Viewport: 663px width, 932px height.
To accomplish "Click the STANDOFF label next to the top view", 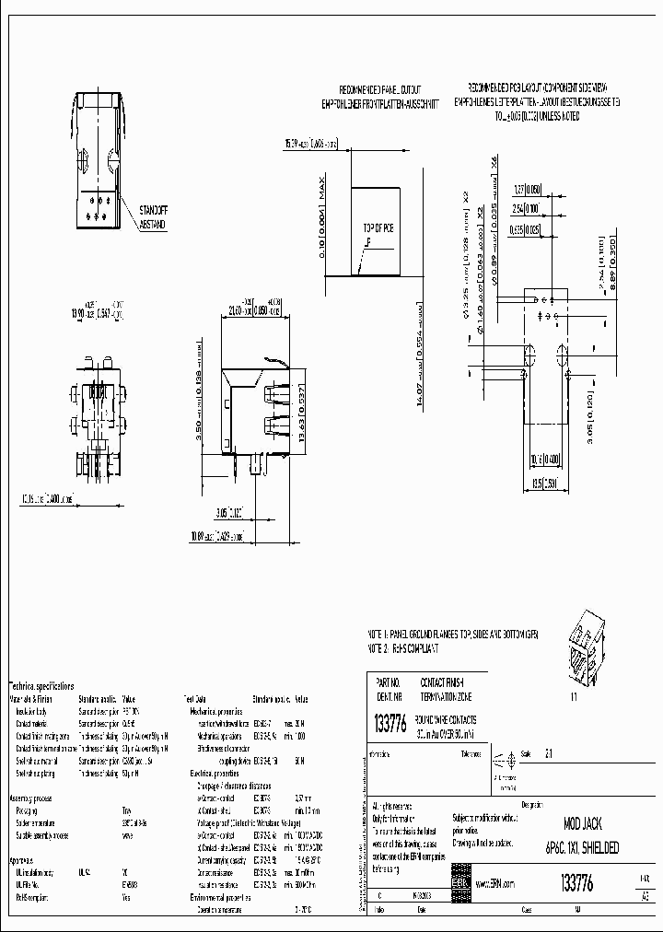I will point(153,209).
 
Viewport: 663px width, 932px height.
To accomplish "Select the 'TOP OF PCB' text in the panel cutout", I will point(377,227).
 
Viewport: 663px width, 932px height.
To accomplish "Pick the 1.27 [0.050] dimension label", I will point(527,188).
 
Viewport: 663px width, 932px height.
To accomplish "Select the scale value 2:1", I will point(551,752).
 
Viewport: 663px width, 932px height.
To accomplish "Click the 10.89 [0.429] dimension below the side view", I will point(217,535).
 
